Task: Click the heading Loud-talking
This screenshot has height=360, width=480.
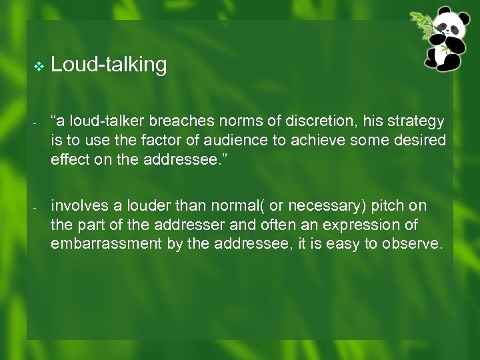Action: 109,65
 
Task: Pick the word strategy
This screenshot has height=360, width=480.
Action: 413,121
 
